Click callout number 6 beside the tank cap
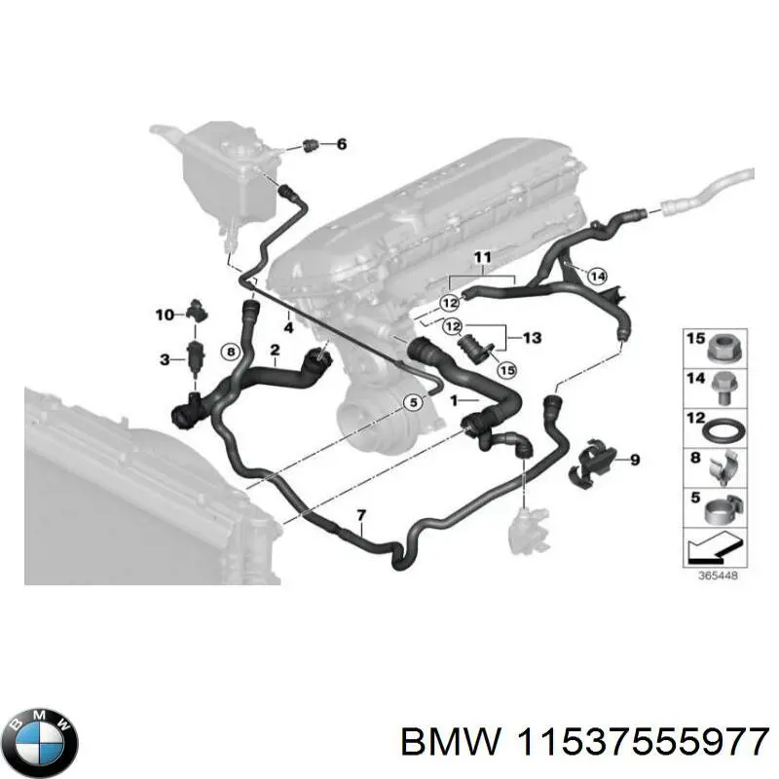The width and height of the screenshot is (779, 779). pyautogui.click(x=341, y=145)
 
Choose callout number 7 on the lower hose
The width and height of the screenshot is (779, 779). pyautogui.click(x=361, y=514)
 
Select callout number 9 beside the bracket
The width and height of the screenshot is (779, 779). pyautogui.click(x=634, y=460)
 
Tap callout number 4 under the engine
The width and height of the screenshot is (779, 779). pyautogui.click(x=288, y=327)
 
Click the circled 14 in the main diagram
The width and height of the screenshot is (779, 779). pyautogui.click(x=598, y=277)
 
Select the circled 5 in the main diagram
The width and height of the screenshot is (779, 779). pyautogui.click(x=413, y=402)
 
